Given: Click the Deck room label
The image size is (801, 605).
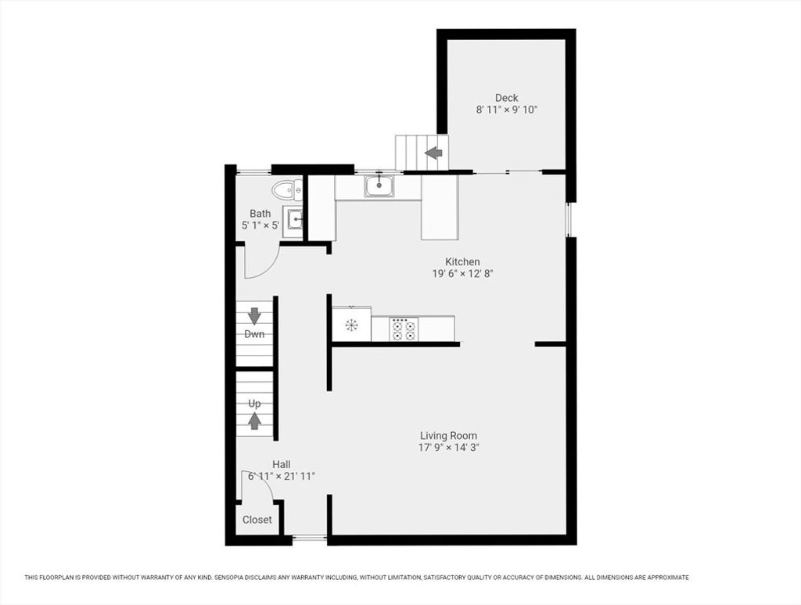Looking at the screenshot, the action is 506,98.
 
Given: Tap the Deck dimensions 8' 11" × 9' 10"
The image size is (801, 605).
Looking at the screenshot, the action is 507,110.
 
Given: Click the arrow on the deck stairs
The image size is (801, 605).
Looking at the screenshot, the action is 433,153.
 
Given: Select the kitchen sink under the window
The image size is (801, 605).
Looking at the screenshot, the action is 379,186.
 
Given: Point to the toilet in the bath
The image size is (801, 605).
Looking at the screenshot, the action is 287,191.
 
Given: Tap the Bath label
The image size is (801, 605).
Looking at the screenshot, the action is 260,214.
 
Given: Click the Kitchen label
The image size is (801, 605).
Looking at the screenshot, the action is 462,261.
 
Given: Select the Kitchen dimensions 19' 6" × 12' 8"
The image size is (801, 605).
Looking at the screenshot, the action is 462,273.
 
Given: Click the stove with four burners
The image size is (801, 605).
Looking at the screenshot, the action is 404,329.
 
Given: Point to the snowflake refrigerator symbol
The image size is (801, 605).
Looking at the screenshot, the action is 351,325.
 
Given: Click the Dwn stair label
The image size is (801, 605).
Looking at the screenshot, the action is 254,334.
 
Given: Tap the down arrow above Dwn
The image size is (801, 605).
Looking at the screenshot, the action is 254,316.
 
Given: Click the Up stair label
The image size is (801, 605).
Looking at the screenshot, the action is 254,403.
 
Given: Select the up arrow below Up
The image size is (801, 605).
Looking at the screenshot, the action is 254,420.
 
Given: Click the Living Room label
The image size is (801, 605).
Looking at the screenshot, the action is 448,436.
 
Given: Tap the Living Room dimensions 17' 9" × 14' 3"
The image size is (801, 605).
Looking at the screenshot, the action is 448,448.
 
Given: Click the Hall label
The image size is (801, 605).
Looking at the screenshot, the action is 282,464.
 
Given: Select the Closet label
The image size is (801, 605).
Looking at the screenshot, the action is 257,520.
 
